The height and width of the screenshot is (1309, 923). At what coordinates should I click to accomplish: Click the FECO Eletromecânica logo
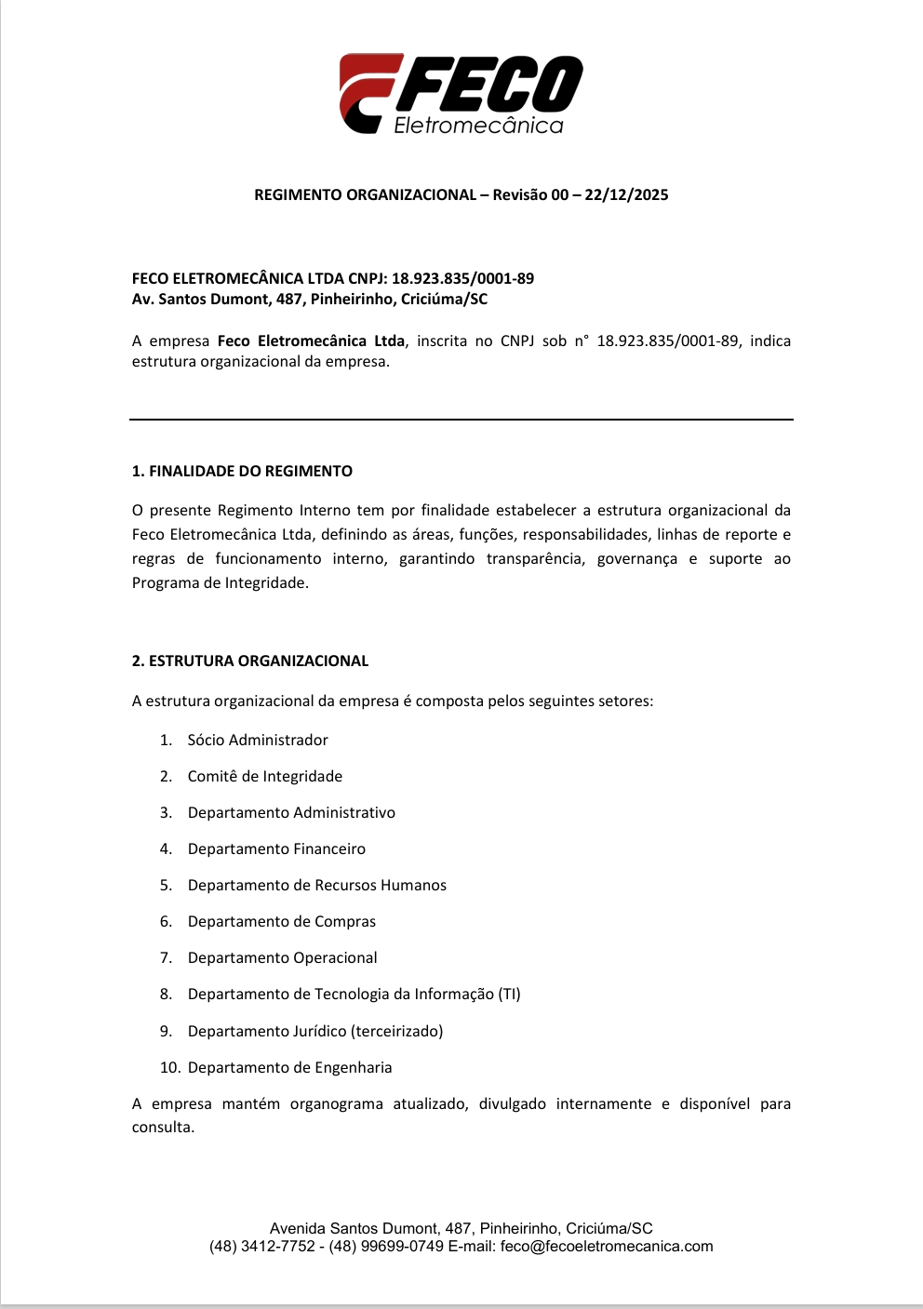pyautogui.click(x=461, y=94)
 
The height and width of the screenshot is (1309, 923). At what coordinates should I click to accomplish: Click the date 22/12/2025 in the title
pyautogui.click(x=626, y=195)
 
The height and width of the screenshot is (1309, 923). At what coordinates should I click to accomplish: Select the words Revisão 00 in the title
pyautogui.click(x=530, y=195)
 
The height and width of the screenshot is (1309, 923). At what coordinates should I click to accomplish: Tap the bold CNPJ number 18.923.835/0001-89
pyautogui.click(x=462, y=278)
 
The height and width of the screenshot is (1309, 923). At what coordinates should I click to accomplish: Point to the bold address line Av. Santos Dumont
pyautogui.click(x=309, y=300)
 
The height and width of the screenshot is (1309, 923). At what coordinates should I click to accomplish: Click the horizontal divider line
pyautogui.click(x=461, y=420)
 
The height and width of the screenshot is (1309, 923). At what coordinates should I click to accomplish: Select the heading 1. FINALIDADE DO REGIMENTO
pyautogui.click(x=242, y=472)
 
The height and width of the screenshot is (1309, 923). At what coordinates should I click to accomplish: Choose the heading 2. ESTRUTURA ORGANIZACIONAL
pyautogui.click(x=250, y=661)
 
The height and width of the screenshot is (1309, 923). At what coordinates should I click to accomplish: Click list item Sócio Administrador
pyautogui.click(x=258, y=741)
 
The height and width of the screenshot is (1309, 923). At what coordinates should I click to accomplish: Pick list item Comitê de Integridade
pyautogui.click(x=265, y=777)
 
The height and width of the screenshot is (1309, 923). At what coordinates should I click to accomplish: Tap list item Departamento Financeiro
pyautogui.click(x=276, y=849)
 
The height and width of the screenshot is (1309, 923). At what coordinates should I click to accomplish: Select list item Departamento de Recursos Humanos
pyautogui.click(x=316, y=886)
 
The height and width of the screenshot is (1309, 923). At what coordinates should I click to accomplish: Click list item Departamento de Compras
pyautogui.click(x=282, y=922)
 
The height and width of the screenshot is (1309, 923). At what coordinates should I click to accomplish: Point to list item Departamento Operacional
pyautogui.click(x=282, y=958)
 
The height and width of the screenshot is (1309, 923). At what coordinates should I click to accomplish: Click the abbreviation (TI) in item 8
pyautogui.click(x=509, y=995)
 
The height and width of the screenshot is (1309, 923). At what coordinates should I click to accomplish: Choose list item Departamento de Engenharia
pyautogui.click(x=289, y=1068)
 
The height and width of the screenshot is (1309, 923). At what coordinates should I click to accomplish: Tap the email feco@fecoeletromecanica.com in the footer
pyautogui.click(x=607, y=1247)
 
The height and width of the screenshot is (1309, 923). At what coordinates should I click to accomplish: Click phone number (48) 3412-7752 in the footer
pyautogui.click(x=262, y=1247)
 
